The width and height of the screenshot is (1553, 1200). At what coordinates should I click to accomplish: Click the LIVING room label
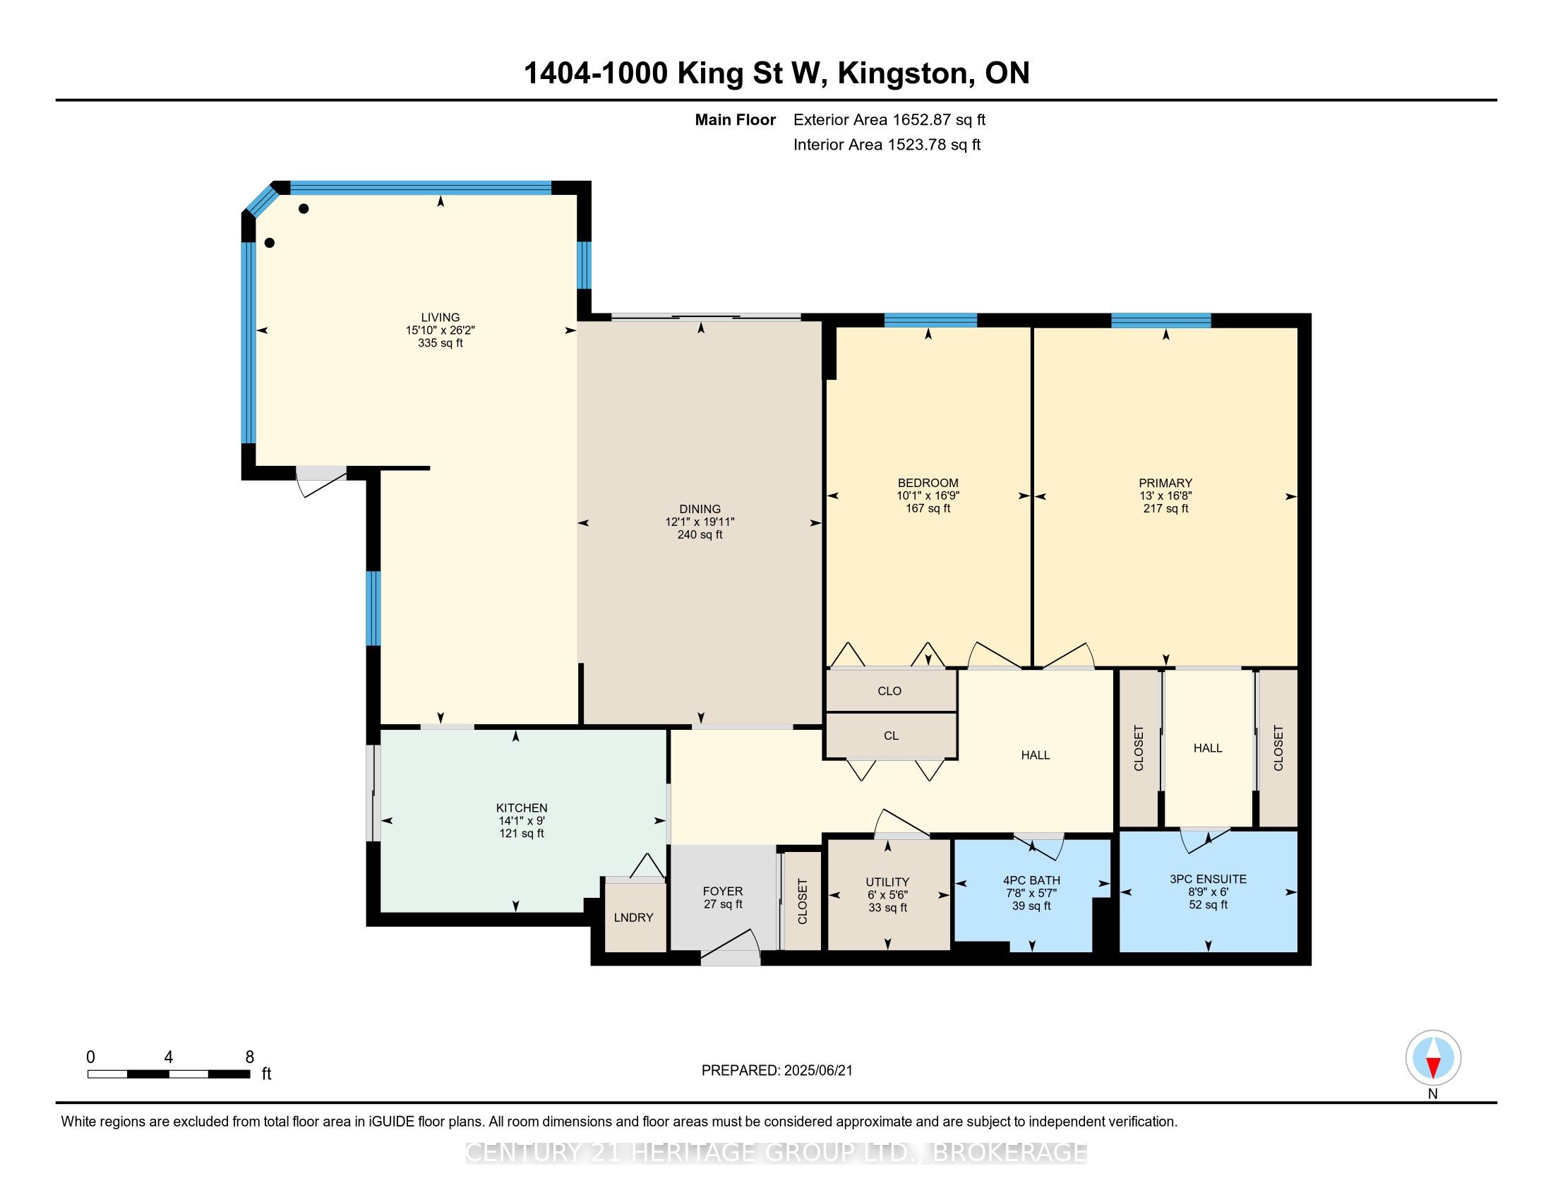(440, 318)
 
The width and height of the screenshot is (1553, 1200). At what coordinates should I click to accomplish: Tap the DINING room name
(700, 509)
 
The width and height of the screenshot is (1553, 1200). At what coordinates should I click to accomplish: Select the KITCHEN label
(522, 808)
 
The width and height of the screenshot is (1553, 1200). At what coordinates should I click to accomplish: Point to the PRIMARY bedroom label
(1165, 483)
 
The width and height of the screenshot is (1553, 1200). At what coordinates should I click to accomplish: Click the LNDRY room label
(634, 918)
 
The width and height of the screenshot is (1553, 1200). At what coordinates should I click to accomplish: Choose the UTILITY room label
(887, 882)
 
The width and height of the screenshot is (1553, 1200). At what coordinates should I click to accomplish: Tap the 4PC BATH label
(1031, 880)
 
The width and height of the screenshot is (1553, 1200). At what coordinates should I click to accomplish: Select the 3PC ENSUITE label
(1208, 879)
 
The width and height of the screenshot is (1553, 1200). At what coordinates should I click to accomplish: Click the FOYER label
(722, 892)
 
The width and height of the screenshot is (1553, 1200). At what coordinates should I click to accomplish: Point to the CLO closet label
(889, 691)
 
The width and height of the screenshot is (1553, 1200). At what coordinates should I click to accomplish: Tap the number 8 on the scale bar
(250, 1057)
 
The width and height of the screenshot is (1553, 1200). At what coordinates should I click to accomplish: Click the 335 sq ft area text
(440, 343)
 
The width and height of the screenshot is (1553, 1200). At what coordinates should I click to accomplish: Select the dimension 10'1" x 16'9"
(928, 496)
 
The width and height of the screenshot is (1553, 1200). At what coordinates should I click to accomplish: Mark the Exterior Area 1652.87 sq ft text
(889, 119)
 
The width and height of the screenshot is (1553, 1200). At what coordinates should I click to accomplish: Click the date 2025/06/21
(817, 1071)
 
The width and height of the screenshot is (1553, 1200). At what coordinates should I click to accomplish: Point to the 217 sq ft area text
(1165, 508)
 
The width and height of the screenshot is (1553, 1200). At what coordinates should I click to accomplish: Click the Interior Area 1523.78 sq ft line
(887, 145)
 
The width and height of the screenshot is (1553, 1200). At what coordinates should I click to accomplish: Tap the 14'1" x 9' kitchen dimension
(522, 820)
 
